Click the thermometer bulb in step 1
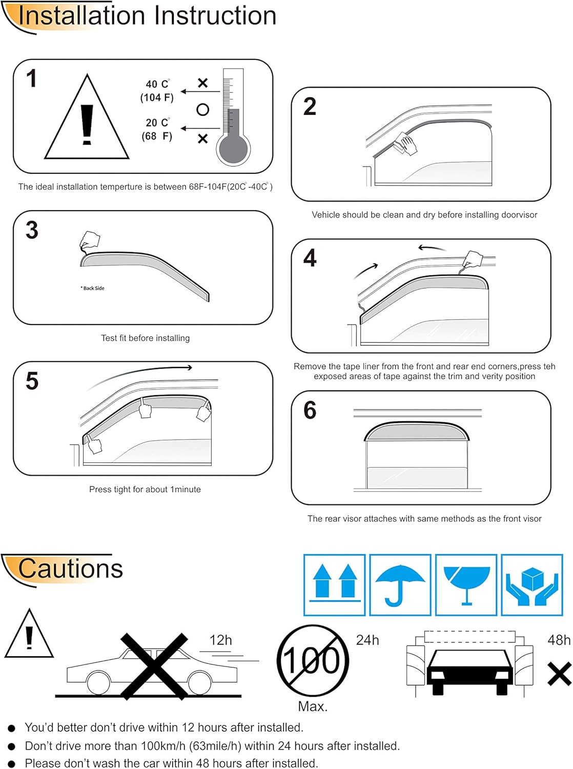tap(233, 149)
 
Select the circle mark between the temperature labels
tap(203, 110)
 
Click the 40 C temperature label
tap(157, 84)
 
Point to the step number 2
tap(310, 107)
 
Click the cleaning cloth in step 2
tap(405, 144)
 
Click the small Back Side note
tap(92, 288)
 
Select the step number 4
tap(310, 258)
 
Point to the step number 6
tap(310, 410)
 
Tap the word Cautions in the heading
tap(71, 569)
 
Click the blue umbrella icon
tap(400, 585)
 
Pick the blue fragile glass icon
tap(466, 585)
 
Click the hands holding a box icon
tap(532, 585)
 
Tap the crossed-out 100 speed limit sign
tap(313, 660)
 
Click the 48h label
tap(559, 640)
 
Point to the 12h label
tap(220, 640)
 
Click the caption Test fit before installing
tap(145, 338)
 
